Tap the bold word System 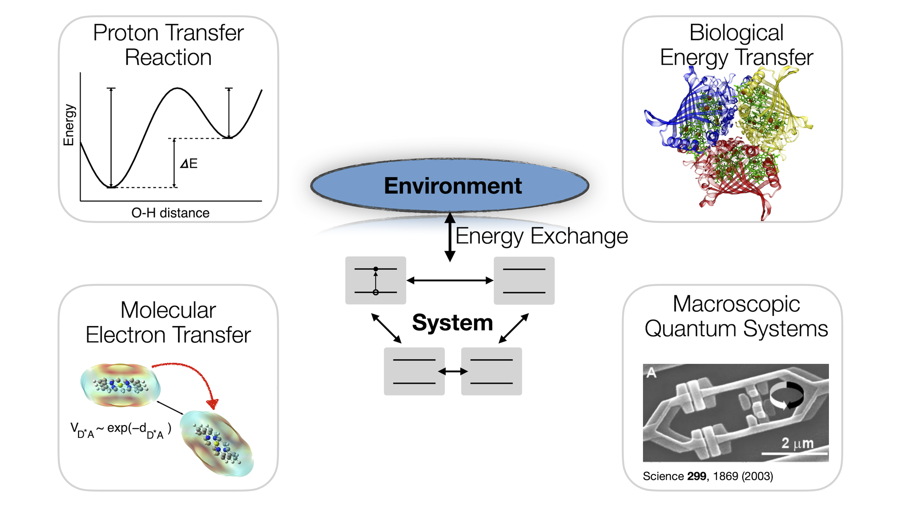pyautogui.click(x=453, y=323)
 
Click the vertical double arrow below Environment pyautogui.click(x=450, y=237)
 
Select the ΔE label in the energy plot pyautogui.click(x=189, y=164)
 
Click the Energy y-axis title pyautogui.click(x=69, y=125)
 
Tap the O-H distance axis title pyautogui.click(x=171, y=213)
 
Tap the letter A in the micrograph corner pyautogui.click(x=652, y=373)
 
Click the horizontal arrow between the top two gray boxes pyautogui.click(x=450, y=281)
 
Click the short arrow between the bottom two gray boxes pyautogui.click(x=453, y=371)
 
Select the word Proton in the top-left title pyautogui.click(x=125, y=33)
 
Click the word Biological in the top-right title pyautogui.click(x=737, y=33)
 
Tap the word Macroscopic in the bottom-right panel pyautogui.click(x=736, y=305)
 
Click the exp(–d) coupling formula pyautogui.click(x=121, y=430)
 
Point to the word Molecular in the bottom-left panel pyautogui.click(x=168, y=310)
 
